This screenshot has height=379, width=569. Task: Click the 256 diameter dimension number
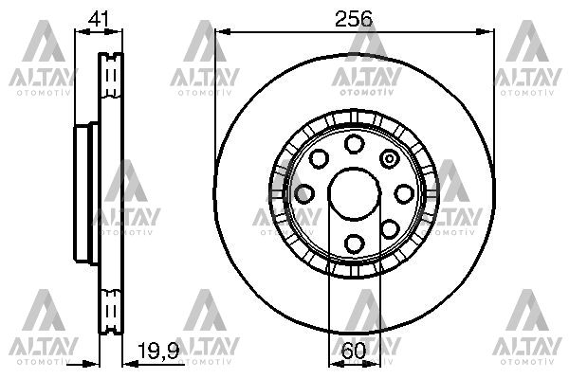tap(353, 17)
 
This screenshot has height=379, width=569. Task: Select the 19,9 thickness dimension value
tap(157, 352)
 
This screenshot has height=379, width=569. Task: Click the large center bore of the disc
tap(353, 193)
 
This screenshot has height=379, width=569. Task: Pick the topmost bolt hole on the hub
tap(354, 144)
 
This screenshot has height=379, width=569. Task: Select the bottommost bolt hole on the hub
tap(354, 243)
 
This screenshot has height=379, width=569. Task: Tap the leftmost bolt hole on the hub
tap(303, 193)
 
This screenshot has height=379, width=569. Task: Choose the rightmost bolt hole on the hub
tap(403, 193)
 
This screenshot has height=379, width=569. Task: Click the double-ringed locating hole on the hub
tap(389, 158)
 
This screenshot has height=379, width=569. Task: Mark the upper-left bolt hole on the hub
tap(319, 158)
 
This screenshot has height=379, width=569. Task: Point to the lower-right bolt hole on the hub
tap(389, 228)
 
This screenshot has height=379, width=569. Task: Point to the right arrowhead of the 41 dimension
tap(119, 31)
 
